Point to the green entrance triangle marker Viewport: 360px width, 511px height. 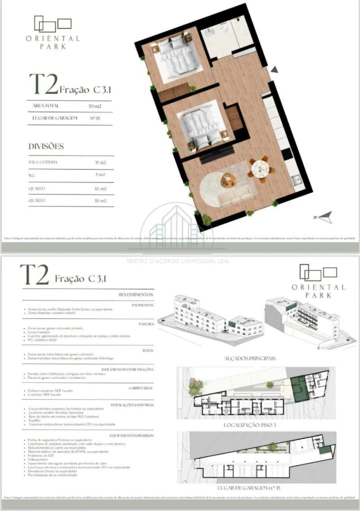274,69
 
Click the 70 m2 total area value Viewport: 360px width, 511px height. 95,106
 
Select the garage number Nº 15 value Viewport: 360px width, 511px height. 95,118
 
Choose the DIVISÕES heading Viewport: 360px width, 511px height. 46,146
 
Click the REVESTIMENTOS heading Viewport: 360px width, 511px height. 136,295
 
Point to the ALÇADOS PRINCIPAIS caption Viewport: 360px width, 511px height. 250,358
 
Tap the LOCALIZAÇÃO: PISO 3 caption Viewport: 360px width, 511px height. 250,425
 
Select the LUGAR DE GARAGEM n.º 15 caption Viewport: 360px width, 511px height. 250,488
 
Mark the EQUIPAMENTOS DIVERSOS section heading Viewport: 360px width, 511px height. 131,435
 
